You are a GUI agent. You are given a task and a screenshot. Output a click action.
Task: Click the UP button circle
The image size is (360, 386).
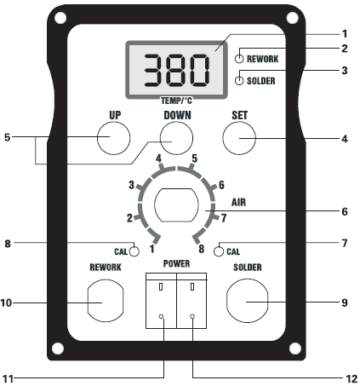114,138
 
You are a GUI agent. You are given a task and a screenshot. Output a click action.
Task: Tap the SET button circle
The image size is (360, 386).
239,138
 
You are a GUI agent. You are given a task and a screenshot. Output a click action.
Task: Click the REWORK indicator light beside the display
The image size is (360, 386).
239,59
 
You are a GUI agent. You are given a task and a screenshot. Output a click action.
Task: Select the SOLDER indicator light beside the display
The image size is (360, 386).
239,81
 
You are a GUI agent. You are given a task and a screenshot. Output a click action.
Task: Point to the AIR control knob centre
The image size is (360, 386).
176,205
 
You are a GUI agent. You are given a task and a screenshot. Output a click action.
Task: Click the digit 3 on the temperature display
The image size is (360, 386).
154,71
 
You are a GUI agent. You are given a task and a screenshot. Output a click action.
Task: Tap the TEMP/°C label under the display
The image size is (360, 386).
176,101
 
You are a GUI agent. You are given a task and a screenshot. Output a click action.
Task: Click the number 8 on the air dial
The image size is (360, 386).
202,249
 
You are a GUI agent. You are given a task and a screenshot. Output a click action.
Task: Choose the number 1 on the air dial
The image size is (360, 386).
152,249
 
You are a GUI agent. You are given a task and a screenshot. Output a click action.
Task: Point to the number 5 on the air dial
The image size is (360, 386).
194,158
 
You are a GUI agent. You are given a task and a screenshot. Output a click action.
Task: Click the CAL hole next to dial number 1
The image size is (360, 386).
134,251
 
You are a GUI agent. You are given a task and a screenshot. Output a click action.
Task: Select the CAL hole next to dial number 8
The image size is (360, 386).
219,251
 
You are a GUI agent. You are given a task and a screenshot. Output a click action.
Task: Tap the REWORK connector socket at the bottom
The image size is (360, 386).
106,301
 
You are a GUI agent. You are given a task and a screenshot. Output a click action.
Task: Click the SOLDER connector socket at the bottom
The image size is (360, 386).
248,301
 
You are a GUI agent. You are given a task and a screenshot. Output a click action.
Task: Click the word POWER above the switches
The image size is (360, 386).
176,263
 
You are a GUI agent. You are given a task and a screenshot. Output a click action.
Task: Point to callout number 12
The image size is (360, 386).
351,379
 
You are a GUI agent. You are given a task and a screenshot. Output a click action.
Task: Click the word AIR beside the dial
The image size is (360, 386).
239,203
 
